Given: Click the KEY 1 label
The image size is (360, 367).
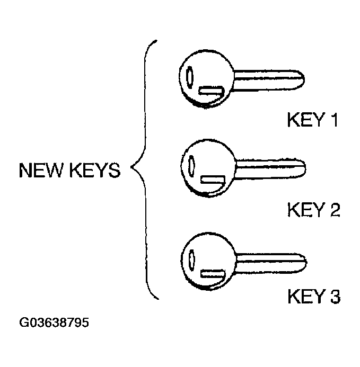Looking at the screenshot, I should coord(312,121).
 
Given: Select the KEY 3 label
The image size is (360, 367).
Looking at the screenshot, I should coord(313,297).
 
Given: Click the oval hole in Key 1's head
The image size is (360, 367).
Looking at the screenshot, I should coord(189,77).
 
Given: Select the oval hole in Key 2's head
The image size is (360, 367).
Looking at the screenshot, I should coord(191,166).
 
